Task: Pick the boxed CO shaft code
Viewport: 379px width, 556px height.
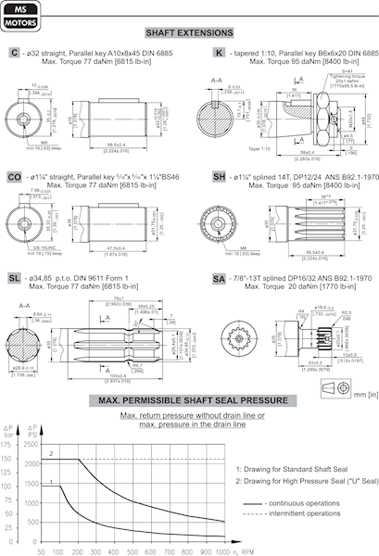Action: click(16, 175)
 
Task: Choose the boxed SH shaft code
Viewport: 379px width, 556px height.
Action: click(220, 175)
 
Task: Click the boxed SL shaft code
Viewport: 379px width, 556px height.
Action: click(15, 277)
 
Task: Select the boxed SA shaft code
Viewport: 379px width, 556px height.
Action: click(220, 277)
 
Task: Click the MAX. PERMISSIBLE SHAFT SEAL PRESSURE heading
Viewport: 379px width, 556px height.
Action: click(190, 401)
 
